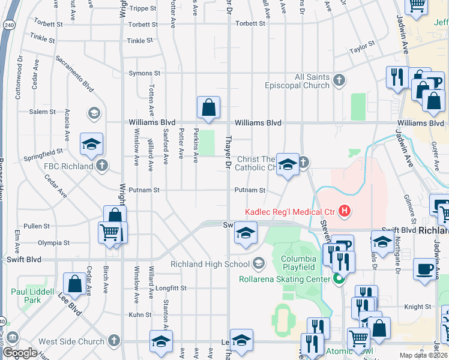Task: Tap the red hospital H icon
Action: point(345,211)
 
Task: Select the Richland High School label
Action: point(209,264)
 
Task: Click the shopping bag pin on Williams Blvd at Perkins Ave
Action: point(208,109)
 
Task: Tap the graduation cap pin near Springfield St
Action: point(92,144)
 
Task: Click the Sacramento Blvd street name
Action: point(74,74)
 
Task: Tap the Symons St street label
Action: point(144,73)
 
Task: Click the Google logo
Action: point(20,353)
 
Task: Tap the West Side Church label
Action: point(71,342)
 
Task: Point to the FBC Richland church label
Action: point(68,166)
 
